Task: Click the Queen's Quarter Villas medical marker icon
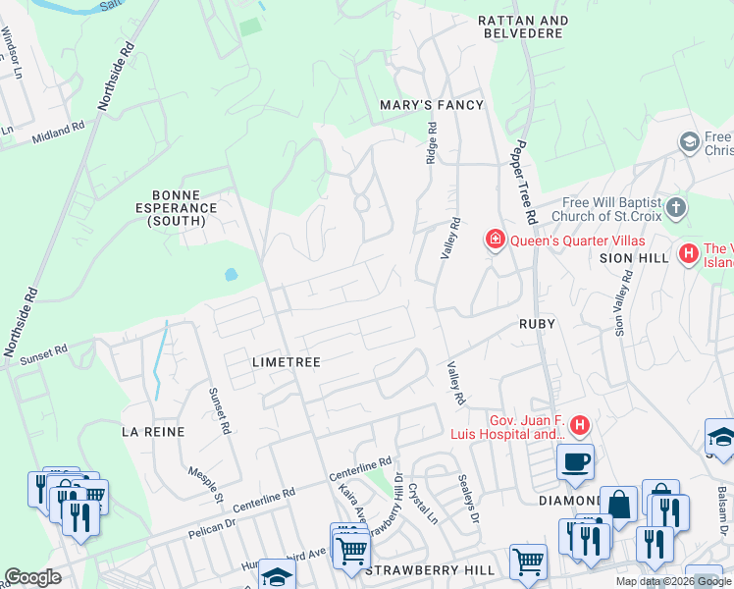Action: pos(496,240)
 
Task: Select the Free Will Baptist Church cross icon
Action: pos(676,208)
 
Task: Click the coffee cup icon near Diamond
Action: pos(575,460)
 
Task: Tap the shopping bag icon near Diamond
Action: pos(618,505)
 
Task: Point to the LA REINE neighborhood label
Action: pos(153,431)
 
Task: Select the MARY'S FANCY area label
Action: pos(432,105)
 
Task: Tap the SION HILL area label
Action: pos(633,257)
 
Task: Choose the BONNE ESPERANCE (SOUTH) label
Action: pos(183,214)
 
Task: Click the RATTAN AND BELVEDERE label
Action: pos(523,27)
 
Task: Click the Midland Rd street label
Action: pos(59,131)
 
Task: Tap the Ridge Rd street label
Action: pos(431,143)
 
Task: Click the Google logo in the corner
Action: pos(32,576)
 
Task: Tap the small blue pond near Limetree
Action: pos(231,275)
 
